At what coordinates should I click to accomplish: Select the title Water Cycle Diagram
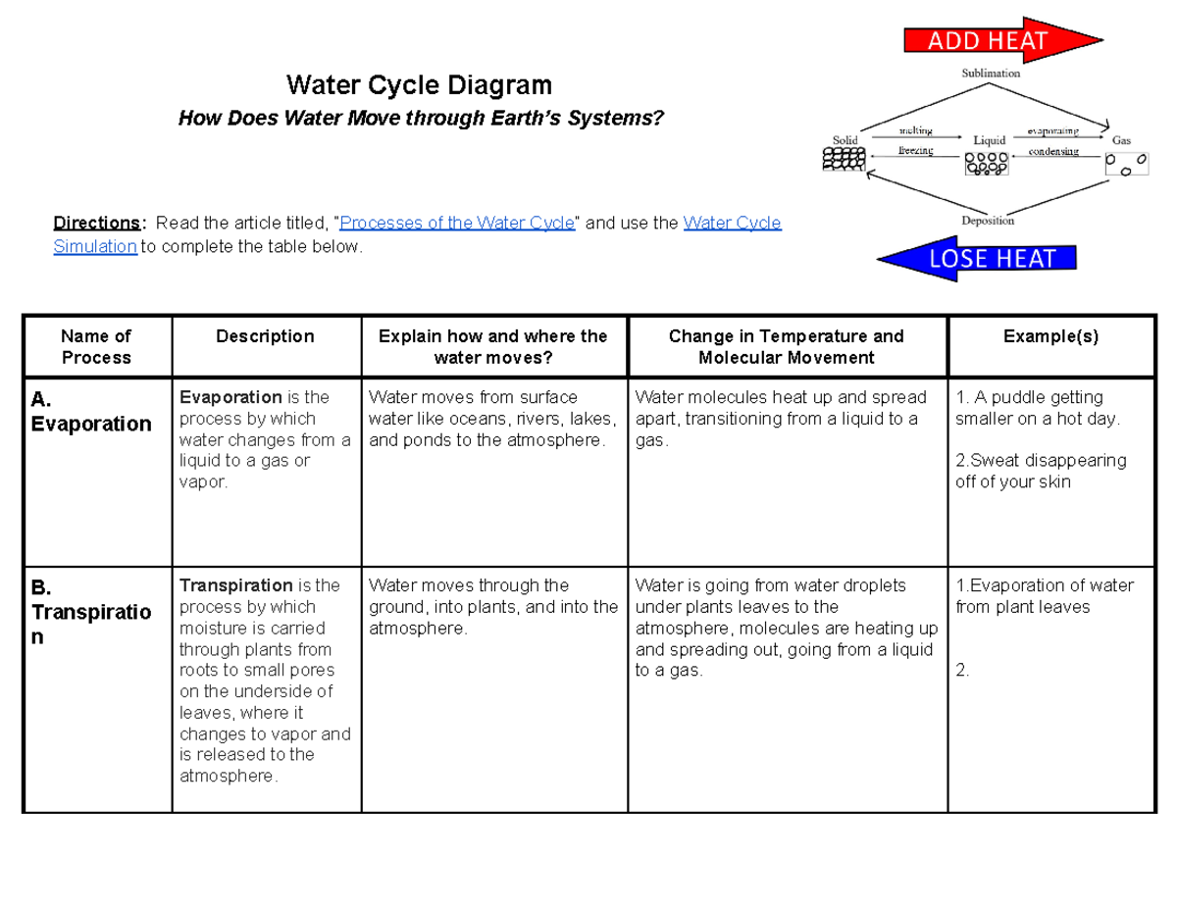point(419,85)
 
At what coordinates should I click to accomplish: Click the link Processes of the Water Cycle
point(456,223)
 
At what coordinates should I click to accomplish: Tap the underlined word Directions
point(97,223)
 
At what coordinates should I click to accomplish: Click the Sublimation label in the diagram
point(990,73)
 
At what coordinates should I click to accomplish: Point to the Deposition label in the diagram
point(988,221)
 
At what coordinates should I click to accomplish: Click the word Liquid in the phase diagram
point(990,140)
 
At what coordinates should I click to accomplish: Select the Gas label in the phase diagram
point(1121,141)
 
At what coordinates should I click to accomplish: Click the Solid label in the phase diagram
point(844,140)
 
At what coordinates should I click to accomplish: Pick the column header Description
point(265,336)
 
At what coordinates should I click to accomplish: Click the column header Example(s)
point(1050,336)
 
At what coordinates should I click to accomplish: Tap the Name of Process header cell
point(96,347)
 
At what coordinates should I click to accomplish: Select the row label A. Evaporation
point(90,412)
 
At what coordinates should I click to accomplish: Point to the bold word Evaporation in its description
point(230,397)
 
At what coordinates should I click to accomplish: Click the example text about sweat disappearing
point(1040,471)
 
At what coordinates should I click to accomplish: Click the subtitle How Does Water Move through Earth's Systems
point(420,120)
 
